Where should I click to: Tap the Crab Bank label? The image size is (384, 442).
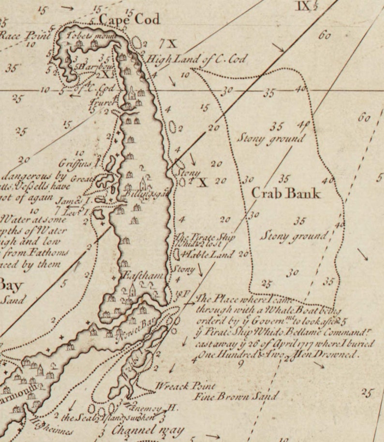pos(286,193)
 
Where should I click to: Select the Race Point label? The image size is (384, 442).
pos(18,35)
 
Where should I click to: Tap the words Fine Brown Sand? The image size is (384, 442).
pos(236,397)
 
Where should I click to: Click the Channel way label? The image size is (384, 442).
pos(141,429)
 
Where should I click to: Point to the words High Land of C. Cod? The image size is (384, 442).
pos(197,59)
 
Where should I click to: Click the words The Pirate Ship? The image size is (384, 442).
pos(199,237)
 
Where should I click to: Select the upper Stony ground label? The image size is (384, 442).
pos(271,139)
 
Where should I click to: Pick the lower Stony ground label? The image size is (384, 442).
pos(294,236)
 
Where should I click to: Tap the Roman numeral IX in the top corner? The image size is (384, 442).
pos(304,6)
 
